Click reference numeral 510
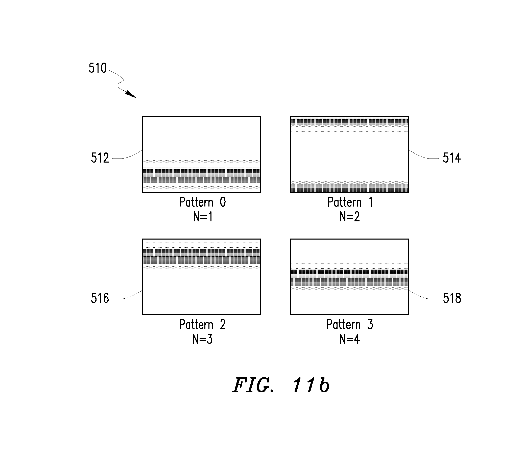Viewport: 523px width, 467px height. tap(98, 68)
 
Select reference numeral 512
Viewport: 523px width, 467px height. tap(100, 158)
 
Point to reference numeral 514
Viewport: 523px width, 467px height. tap(451, 158)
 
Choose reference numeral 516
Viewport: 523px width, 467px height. tap(100, 298)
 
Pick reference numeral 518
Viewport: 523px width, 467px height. tap(452, 298)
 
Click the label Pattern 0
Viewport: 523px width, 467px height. tap(202, 202)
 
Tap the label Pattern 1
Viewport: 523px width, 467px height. tap(350, 202)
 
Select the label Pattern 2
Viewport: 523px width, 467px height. tap(202, 325)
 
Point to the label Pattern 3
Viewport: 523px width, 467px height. tap(350, 325)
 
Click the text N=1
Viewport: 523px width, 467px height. tap(203, 217)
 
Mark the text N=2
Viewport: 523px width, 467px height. tap(350, 217)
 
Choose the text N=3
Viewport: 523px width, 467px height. tap(202, 339)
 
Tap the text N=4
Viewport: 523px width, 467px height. tap(350, 339)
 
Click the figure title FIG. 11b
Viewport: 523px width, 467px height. tap(281, 385)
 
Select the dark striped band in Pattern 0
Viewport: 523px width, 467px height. tap(202, 175)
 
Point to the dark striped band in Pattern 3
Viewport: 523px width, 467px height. tap(349, 278)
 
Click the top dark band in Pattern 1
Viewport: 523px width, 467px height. tap(349, 121)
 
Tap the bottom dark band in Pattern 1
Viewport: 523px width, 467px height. tap(349, 188)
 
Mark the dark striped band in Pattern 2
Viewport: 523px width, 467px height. tap(202, 256)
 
